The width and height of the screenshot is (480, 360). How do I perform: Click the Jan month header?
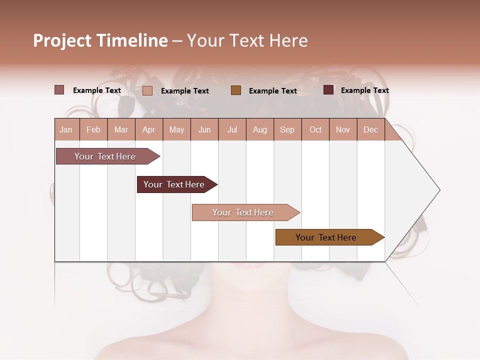point(66,129)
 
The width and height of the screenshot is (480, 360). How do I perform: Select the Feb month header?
point(93,129)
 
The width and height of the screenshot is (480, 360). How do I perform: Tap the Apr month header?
point(149,129)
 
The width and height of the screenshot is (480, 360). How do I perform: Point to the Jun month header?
point(204,129)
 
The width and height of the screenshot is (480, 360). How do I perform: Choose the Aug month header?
point(260,129)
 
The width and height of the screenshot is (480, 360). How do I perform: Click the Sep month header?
point(287,129)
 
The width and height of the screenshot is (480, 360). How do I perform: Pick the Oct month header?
point(315,129)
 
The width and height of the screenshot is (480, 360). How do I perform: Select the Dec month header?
point(371,129)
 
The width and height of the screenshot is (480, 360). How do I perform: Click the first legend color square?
point(59,90)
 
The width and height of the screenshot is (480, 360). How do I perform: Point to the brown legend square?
point(236,90)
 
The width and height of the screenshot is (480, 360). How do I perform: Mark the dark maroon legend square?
point(328,90)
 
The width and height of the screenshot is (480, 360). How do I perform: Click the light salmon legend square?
point(147,90)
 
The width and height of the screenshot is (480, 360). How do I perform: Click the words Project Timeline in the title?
point(100,40)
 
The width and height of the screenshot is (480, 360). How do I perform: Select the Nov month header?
point(343,129)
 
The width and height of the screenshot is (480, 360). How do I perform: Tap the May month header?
point(176,129)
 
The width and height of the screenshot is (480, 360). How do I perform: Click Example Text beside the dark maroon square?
point(364,90)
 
